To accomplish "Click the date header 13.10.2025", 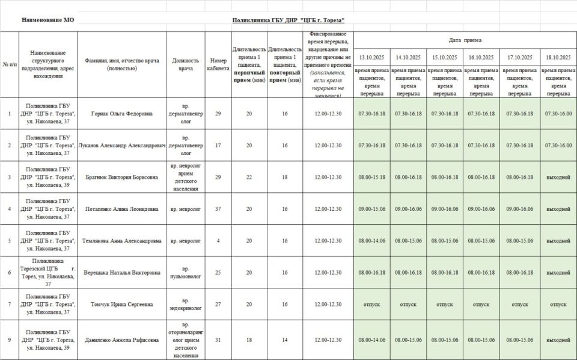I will point(371,58).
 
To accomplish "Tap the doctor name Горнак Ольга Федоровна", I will point(121,114).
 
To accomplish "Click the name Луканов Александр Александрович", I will point(121,145).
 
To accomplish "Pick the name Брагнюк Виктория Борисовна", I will point(121,177).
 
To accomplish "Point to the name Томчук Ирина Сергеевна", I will point(121,304).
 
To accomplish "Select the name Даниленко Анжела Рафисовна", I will point(121,340).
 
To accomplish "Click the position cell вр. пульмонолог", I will point(186,272).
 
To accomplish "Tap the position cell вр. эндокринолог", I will point(186,304).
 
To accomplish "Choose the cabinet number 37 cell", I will point(218,209).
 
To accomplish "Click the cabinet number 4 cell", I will point(218,241).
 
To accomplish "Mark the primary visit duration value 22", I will point(249,177).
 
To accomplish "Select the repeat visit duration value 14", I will point(285,340).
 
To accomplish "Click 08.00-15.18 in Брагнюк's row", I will point(371,177).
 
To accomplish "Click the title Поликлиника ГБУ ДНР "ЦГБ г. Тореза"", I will point(288,20).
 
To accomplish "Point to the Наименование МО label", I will point(48,20).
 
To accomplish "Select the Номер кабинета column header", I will point(218,64).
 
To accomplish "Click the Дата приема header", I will point(465,40).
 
